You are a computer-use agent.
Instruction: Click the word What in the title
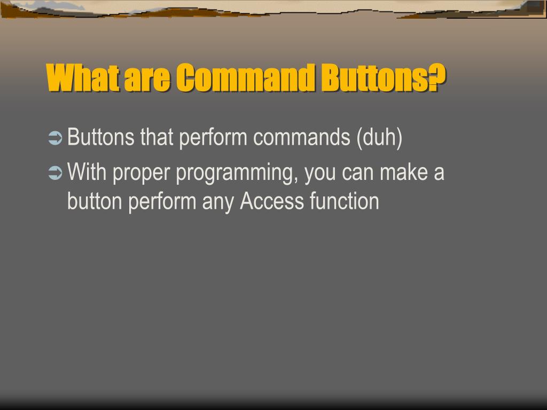(82, 78)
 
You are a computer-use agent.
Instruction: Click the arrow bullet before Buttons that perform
(55, 138)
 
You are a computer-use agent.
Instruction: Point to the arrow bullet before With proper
(55, 173)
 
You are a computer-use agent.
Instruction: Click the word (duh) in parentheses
(379, 138)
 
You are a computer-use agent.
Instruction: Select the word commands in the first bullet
(302, 138)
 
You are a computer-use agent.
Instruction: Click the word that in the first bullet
(157, 138)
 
